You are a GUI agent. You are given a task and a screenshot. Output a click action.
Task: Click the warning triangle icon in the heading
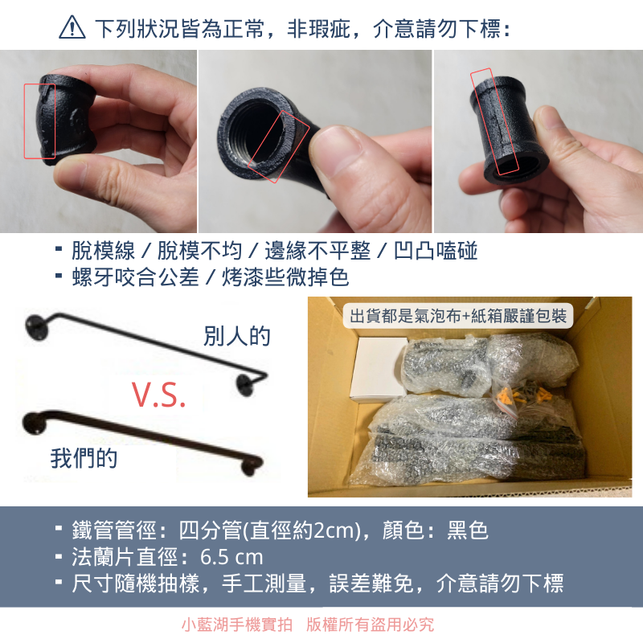tap(72, 29)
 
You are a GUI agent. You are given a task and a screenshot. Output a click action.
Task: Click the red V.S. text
tap(159, 395)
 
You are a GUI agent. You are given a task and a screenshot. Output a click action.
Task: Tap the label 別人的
tap(237, 336)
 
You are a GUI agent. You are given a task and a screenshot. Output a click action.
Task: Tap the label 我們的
tap(84, 459)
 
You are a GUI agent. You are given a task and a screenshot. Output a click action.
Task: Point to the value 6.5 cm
tap(232, 557)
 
